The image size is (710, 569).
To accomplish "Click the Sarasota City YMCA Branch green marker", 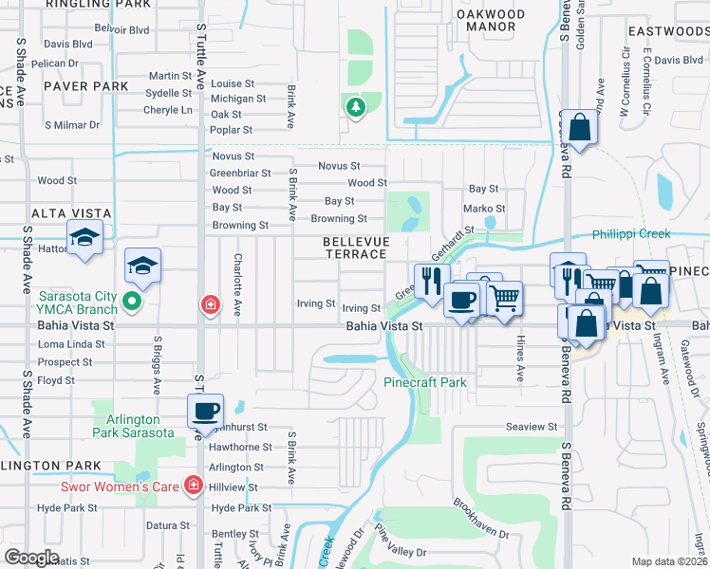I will pos(132,303).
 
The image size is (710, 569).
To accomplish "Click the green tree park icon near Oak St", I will pos(356,107).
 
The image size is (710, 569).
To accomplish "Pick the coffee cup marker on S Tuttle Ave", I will pos(205,412).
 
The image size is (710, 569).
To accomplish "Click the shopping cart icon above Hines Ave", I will pos(505,297).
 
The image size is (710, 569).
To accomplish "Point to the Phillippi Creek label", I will pos(631,234).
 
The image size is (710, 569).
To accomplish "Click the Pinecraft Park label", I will pos(424,382).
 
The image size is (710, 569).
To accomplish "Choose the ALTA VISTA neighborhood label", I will pos(71,213).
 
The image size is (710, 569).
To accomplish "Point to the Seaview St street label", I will pos(532,428).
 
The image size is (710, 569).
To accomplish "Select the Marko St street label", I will pos(484,209).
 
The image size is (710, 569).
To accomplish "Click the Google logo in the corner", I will pos(31,558).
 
